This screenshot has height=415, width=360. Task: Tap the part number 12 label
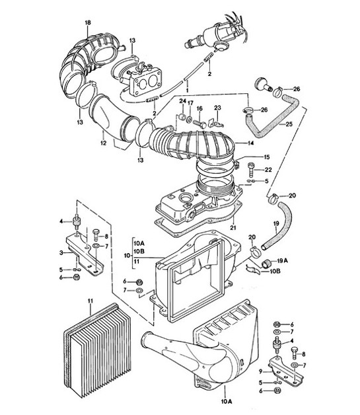click(x=102, y=141)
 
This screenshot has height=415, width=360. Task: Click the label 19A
click(x=282, y=260)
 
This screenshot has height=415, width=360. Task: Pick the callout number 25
click(x=289, y=123)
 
